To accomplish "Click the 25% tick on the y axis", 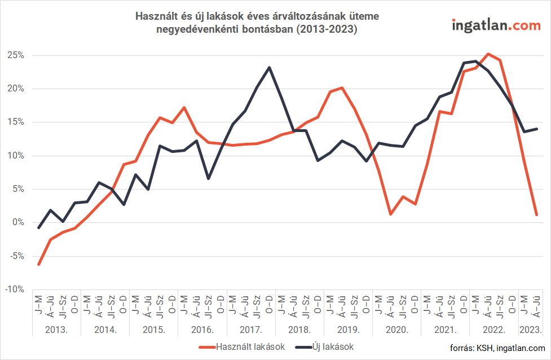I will pyautogui.click(x=16, y=55).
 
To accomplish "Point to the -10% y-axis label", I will pyautogui.click(x=14, y=289).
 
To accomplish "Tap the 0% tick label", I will pyautogui.click(x=18, y=222).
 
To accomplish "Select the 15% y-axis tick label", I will pyautogui.click(x=16, y=122).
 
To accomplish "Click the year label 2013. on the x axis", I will pyautogui.click(x=57, y=328).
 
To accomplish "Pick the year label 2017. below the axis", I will pyautogui.click(x=250, y=328).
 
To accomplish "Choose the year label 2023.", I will pyautogui.click(x=530, y=328).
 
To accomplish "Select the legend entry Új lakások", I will pyautogui.click(x=333, y=346).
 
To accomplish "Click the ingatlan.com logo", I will pyautogui.click(x=497, y=25).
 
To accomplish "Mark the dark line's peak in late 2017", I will pyautogui.click(x=269, y=68).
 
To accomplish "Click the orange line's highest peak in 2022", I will pyautogui.click(x=488, y=54).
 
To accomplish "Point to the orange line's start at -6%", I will pyautogui.click(x=39, y=264).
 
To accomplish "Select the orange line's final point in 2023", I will pyautogui.click(x=536, y=214).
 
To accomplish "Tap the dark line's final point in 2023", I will pyautogui.click(x=536, y=129).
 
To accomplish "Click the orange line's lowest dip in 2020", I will pyautogui.click(x=390, y=214).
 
